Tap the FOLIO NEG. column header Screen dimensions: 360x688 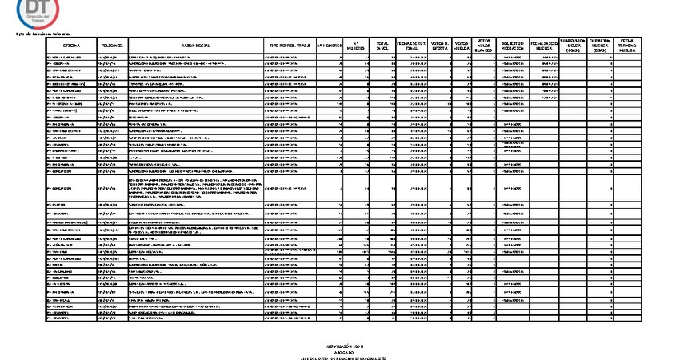pyautogui.click(x=112, y=47)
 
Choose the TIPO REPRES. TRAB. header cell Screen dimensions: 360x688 pyautogui.click(x=290, y=47)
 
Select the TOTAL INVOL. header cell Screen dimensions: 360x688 pyautogui.click(x=382, y=47)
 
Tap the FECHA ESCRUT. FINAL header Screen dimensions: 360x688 pyautogui.click(x=412, y=47)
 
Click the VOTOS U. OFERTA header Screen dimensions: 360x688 pyautogui.click(x=439, y=47)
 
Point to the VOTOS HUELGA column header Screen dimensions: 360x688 pyautogui.click(x=462, y=47)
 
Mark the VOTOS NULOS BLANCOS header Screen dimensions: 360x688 pyautogui.click(x=484, y=46)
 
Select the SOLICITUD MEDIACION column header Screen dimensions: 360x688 pyautogui.click(x=512, y=47)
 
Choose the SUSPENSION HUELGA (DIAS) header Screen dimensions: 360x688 pyautogui.click(x=573, y=46)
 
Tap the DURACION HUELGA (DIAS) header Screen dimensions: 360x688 pyautogui.click(x=600, y=46)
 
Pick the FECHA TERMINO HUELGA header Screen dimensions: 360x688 pyautogui.click(x=627, y=46)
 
